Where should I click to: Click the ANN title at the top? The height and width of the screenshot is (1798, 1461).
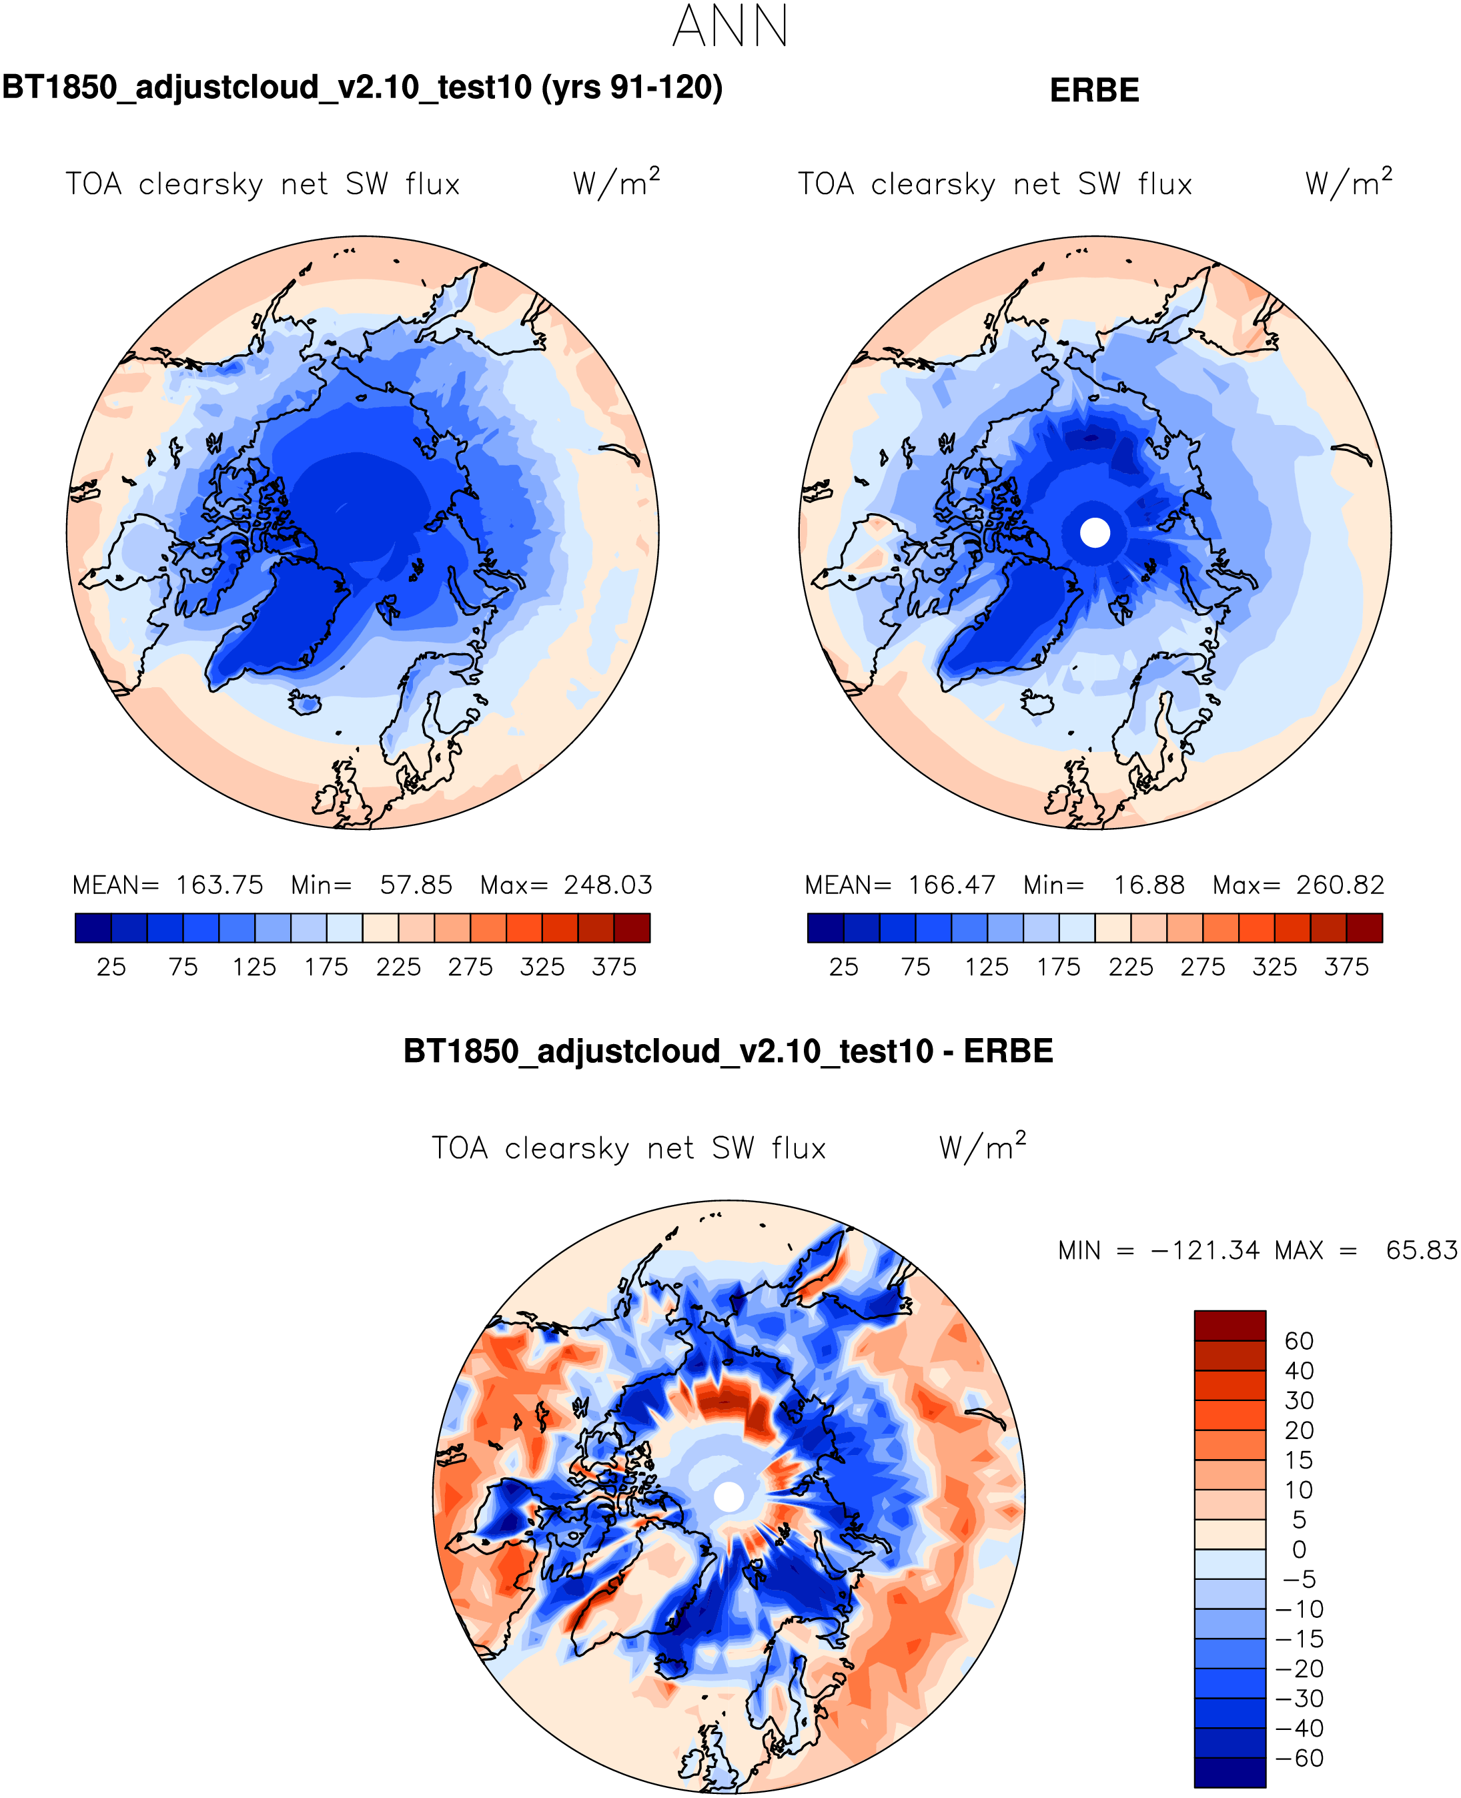tap(730, 27)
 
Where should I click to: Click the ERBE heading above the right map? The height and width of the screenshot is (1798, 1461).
tap(1094, 91)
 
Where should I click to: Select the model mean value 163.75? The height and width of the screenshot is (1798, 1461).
tap(219, 885)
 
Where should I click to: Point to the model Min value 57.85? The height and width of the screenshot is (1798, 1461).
tap(416, 885)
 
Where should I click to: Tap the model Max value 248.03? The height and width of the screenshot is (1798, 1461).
tap(608, 885)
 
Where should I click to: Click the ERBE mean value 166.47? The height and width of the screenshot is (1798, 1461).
tap(951, 885)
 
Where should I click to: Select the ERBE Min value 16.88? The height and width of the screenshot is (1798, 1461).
tap(1149, 885)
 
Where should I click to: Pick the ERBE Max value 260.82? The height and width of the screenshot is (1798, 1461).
tap(1340, 885)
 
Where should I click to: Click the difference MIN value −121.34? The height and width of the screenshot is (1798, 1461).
tap(1204, 1251)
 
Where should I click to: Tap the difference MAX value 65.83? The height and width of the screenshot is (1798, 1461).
tap(1420, 1251)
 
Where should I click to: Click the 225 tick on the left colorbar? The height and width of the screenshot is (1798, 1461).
tap(398, 967)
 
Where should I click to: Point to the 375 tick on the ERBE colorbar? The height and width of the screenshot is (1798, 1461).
tap(1346, 967)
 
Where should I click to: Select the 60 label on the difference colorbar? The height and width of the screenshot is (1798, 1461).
tap(1300, 1342)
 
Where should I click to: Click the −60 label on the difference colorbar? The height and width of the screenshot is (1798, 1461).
tap(1300, 1759)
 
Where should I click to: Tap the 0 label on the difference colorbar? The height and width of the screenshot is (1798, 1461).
tap(1300, 1550)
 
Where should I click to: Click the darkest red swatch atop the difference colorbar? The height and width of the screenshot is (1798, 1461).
tap(1230, 1326)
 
